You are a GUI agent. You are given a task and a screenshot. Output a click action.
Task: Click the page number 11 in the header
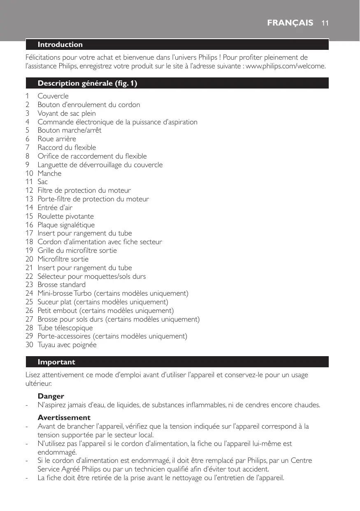tap(325, 23)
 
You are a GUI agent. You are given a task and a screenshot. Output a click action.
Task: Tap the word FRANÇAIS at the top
tap(290, 23)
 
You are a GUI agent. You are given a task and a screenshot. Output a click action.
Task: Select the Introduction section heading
tap(60, 44)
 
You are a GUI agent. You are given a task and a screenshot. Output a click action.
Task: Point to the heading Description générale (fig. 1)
tap(87, 84)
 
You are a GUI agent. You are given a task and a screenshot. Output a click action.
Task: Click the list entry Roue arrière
tap(57, 139)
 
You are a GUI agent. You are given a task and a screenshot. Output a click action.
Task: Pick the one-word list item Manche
tap(49, 173)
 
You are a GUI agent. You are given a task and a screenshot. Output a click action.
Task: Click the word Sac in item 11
tap(43, 182)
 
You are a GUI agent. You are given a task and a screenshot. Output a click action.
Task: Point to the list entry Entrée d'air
tap(55, 208)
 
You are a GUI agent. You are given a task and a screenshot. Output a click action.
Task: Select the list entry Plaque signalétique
tap(66, 225)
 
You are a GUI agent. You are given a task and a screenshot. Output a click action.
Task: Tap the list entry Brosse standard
tap(62, 285)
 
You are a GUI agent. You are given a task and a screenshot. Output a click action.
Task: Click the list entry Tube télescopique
tap(65, 328)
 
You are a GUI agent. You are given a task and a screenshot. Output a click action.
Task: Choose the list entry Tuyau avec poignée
tap(67, 345)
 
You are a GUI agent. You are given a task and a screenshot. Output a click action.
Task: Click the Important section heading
tap(56, 362)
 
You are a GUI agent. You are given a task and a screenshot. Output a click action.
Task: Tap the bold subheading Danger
tap(51, 396)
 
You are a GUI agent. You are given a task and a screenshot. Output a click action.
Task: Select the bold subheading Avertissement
tap(64, 418)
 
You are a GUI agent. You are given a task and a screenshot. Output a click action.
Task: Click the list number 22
tap(29, 276)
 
